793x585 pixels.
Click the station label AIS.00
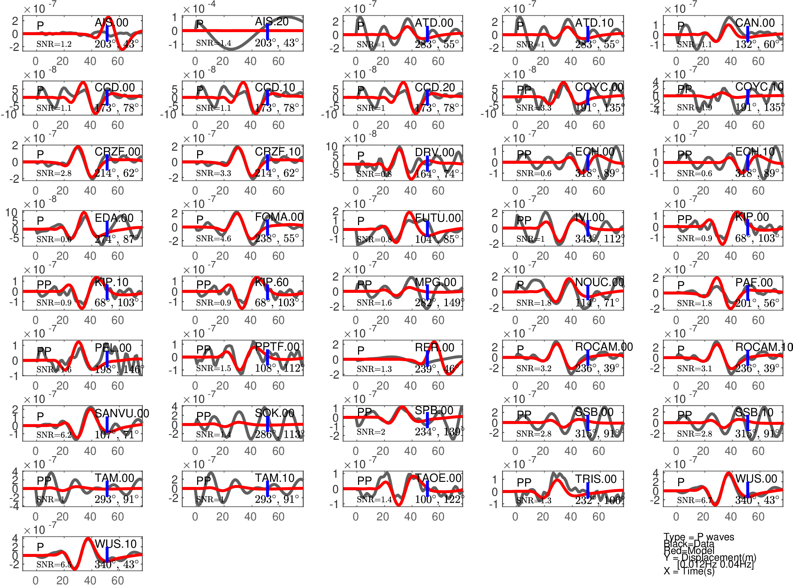[111, 23]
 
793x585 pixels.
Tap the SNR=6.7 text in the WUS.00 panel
[694, 500]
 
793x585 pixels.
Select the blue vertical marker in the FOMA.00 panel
[268, 227]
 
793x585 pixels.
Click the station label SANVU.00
[122, 413]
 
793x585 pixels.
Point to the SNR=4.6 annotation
[214, 239]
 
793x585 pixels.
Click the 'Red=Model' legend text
[689, 550]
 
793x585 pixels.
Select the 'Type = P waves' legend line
[698, 537]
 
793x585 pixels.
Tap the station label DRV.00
[434, 152]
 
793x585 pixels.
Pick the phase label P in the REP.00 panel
[360, 351]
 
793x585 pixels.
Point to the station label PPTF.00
[277, 347]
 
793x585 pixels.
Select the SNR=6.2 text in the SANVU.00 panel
[54, 435]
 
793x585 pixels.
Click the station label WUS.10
[115, 544]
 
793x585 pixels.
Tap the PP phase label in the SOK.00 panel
[204, 416]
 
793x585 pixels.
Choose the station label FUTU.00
[438, 218]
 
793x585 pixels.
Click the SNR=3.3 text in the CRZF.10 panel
[214, 173]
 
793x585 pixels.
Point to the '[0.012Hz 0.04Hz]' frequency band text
[715, 564]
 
